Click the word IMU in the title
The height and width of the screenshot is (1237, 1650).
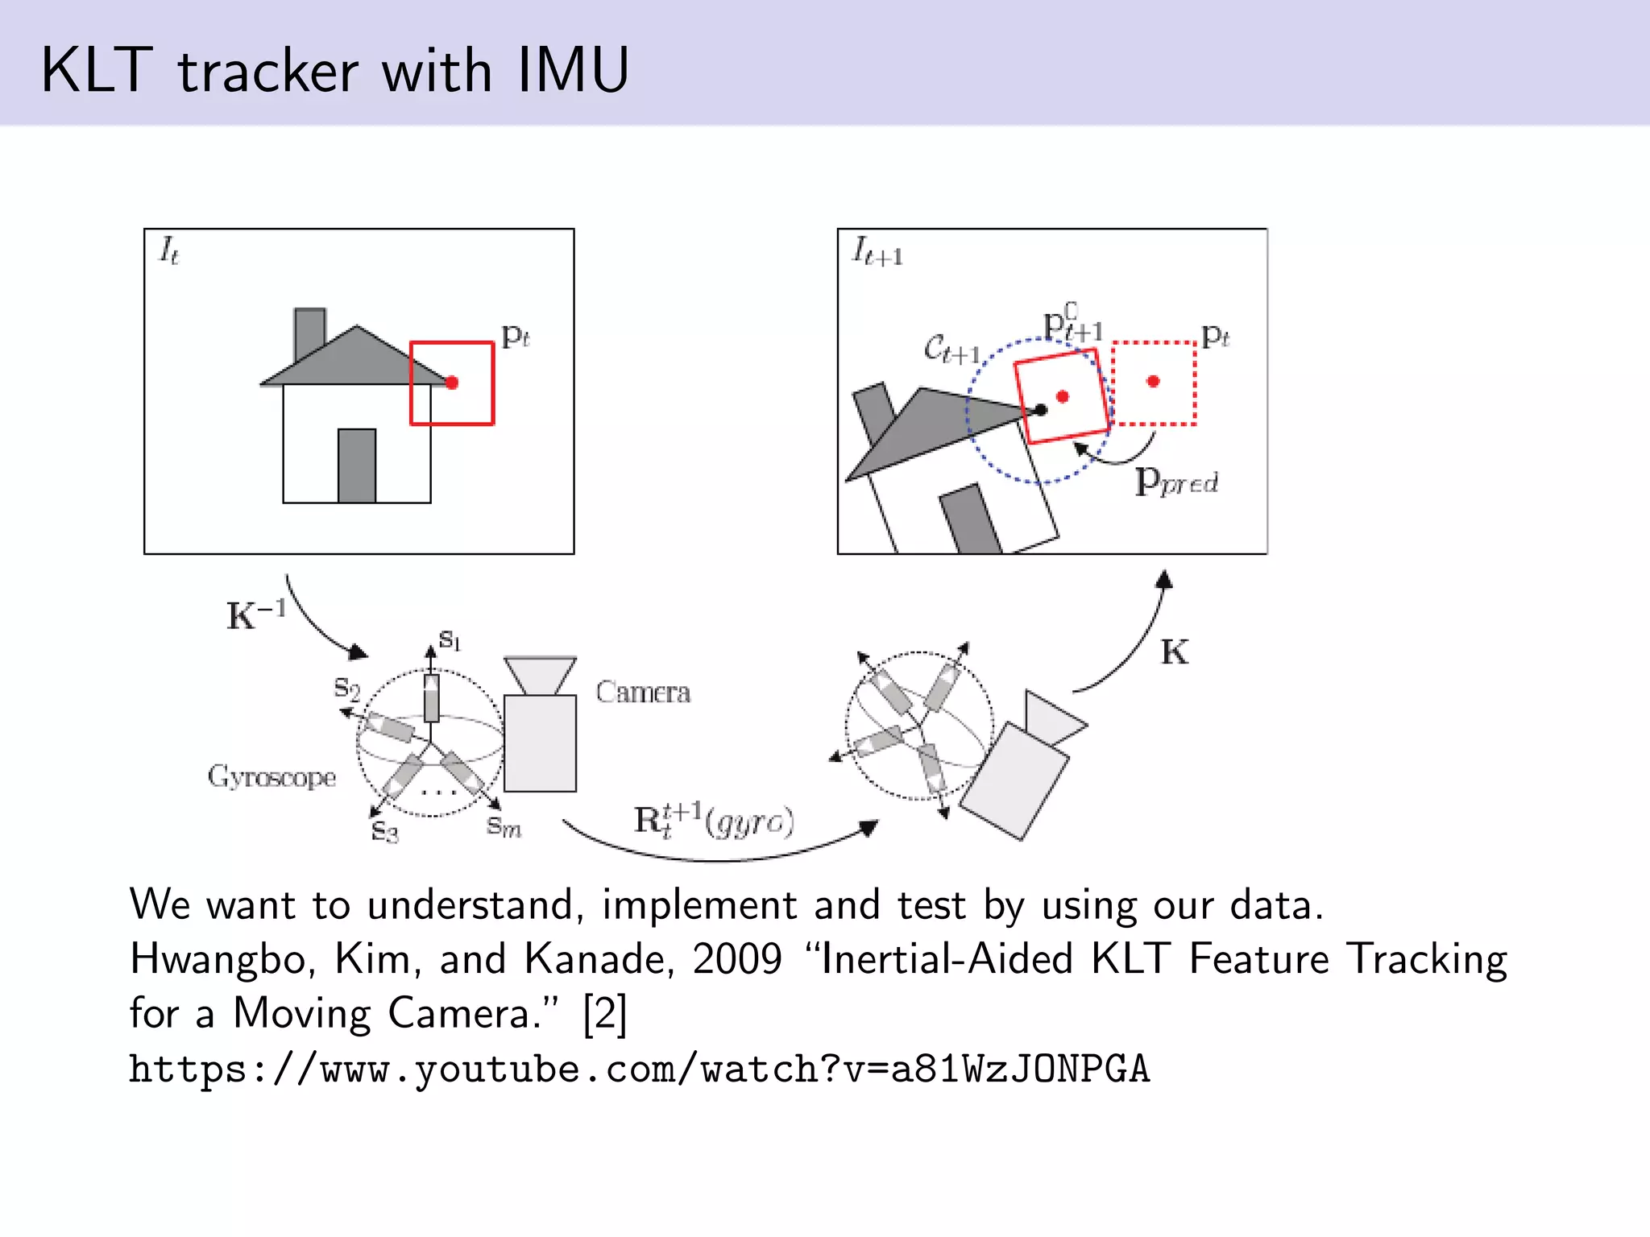[x=572, y=71]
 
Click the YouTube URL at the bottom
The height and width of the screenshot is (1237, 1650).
[x=639, y=1069]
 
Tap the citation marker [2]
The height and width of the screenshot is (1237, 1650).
[x=604, y=1013]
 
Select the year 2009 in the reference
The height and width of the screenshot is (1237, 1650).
[x=737, y=959]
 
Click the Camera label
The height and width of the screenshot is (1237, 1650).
[x=643, y=693]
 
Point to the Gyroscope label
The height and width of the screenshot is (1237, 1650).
[x=272, y=776]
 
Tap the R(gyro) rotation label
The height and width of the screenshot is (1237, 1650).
[x=714, y=820]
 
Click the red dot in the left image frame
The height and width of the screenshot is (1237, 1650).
[x=452, y=383]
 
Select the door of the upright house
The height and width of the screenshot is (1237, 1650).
[x=356, y=465]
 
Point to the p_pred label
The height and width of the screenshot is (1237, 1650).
[x=1176, y=481]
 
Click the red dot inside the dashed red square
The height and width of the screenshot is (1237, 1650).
[x=1153, y=381]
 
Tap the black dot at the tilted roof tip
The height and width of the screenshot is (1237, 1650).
[x=1041, y=410]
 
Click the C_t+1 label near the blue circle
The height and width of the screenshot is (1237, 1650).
[x=951, y=350]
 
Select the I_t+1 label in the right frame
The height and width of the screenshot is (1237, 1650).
[x=877, y=251]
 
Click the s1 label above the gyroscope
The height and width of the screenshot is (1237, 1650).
[x=450, y=639]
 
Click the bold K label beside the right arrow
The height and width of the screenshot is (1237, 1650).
[x=1174, y=652]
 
